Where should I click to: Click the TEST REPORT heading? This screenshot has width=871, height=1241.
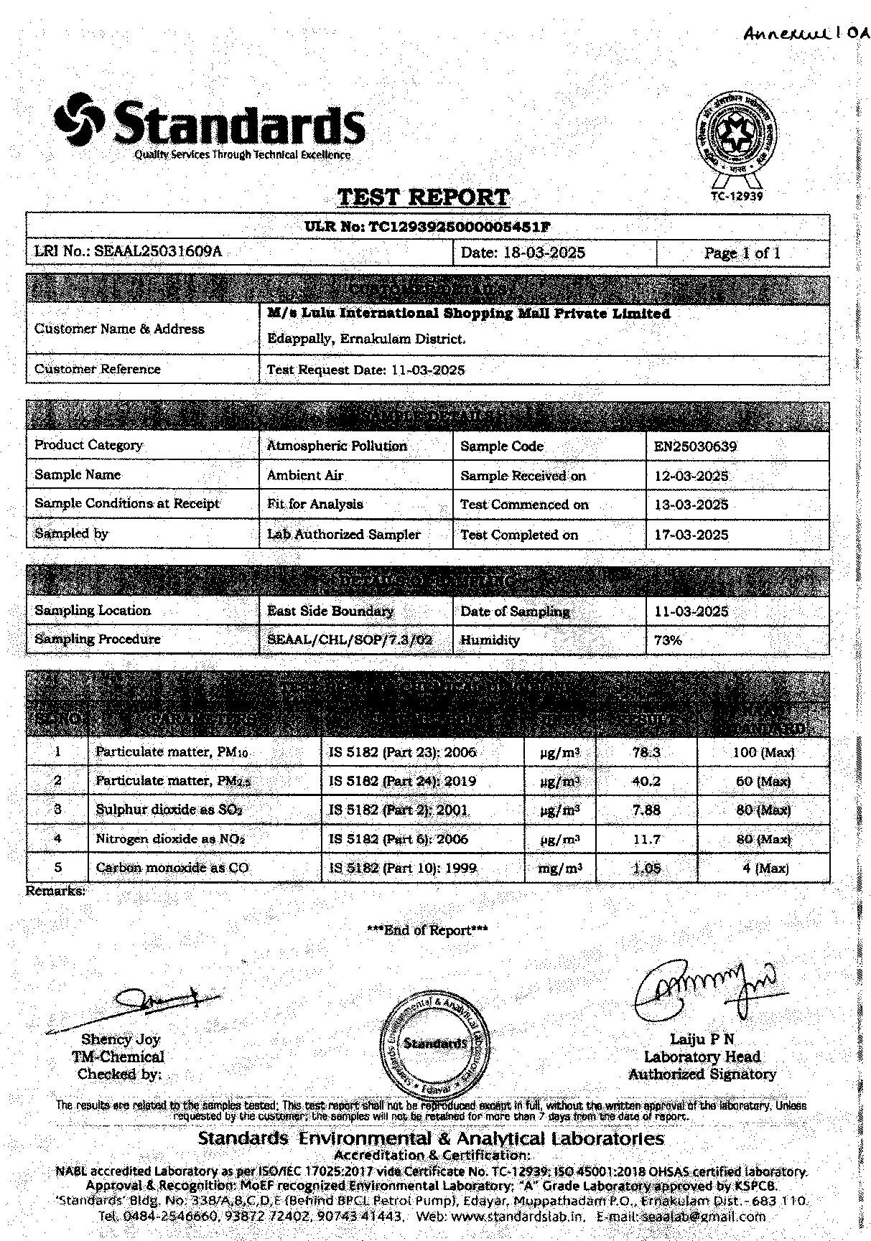point(423,197)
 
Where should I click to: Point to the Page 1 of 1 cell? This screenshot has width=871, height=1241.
point(742,253)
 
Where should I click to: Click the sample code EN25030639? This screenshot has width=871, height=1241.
point(695,446)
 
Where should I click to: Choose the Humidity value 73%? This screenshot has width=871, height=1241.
point(668,640)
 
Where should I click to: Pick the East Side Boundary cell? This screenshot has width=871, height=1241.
point(330,612)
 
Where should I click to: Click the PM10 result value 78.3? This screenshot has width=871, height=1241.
point(646,752)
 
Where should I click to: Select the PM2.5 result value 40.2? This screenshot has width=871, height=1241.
point(646,781)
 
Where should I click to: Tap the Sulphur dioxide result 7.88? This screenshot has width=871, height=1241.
point(646,810)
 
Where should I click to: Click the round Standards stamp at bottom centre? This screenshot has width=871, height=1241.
point(435,1043)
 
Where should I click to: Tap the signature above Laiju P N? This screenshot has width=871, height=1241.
point(704,988)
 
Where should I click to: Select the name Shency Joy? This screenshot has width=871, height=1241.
point(121,1039)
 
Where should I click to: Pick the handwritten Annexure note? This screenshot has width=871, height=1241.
point(804,32)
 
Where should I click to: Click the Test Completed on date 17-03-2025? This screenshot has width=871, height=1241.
point(691,535)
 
